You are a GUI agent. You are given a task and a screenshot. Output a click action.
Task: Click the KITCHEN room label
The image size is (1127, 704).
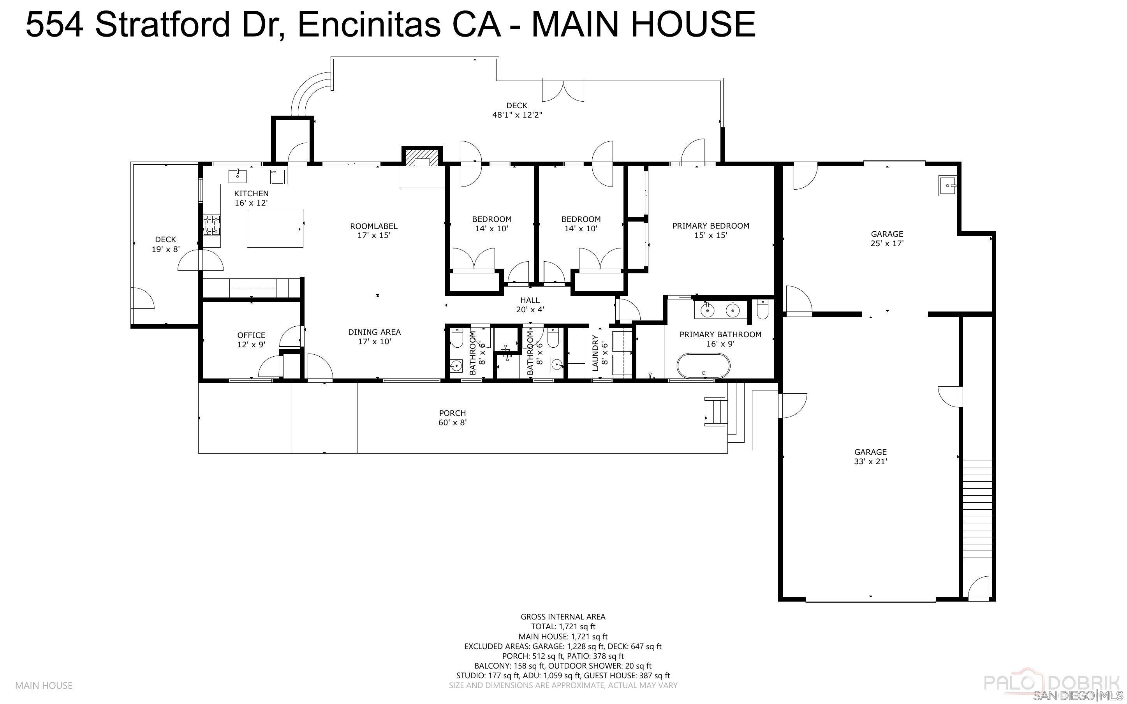click(251, 194)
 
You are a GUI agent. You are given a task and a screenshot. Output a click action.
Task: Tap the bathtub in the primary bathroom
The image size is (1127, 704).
click(703, 366)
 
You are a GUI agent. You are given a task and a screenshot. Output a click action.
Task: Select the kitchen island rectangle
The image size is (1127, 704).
click(275, 228)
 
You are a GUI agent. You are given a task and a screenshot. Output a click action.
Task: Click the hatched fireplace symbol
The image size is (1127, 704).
click(422, 157)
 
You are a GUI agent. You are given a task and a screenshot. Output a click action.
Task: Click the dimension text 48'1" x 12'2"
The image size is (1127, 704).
click(517, 115)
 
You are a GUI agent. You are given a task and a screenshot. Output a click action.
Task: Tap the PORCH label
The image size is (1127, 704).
click(452, 413)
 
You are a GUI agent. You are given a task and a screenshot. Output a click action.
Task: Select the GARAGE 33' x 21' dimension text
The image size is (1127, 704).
click(870, 462)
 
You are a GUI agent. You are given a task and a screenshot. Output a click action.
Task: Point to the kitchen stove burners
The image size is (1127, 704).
click(211, 225)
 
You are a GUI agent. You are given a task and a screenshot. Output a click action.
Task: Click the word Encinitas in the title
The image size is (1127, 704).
click(369, 24)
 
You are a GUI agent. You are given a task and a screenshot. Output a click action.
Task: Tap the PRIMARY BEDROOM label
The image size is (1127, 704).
click(710, 226)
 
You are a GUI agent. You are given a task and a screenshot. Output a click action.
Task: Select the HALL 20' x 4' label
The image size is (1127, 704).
click(530, 305)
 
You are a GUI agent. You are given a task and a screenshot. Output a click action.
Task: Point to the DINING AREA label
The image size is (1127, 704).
click(374, 332)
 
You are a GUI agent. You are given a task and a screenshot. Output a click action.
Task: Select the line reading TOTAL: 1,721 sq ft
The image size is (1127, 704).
click(563, 627)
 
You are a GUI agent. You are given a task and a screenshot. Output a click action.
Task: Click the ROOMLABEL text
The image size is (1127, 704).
click(374, 226)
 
